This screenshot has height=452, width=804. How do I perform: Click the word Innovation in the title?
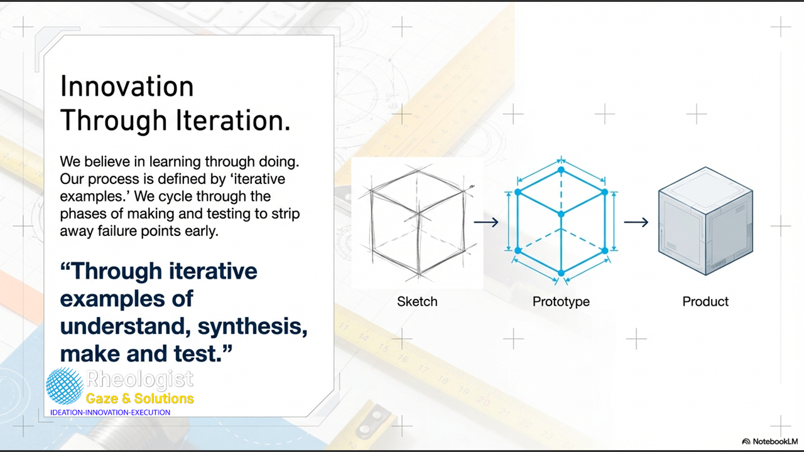coord(127,86)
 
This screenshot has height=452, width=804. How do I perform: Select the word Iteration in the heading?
coord(232,120)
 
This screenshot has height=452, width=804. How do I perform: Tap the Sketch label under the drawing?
coord(417,301)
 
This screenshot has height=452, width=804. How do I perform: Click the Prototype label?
coord(561,302)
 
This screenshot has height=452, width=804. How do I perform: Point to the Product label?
coord(705,301)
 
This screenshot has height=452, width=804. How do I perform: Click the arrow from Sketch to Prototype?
coord(486,222)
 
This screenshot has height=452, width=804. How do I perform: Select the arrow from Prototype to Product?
coord(636,222)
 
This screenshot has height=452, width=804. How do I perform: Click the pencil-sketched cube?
coord(418,222)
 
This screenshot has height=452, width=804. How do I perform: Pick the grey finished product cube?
coord(705,221)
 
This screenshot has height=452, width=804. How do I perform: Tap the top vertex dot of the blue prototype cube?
coord(562,169)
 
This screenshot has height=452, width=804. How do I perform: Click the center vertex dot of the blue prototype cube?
coord(562,214)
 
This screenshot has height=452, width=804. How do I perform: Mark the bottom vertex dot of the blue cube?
coord(562,273)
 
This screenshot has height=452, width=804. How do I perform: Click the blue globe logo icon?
coord(65,386)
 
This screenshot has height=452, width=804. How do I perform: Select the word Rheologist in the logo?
coord(140,379)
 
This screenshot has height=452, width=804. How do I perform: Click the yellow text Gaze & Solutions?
coord(140,399)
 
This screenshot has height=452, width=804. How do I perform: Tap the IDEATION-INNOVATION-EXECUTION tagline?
coord(110,412)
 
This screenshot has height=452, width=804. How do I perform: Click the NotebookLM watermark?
coord(770,441)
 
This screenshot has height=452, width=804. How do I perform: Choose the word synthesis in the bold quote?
coord(253,327)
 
